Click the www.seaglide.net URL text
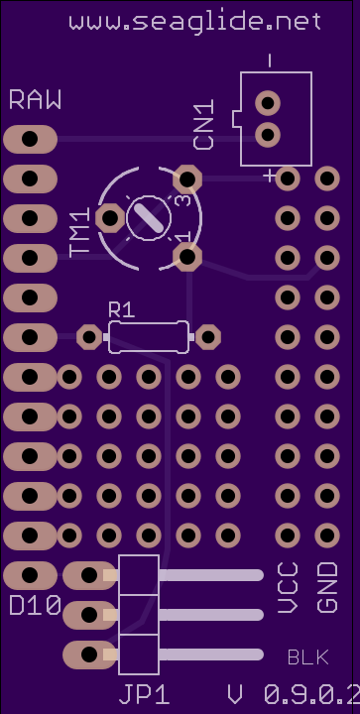point(195,22)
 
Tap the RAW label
point(35,100)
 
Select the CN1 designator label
point(204,127)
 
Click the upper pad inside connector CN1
point(268,103)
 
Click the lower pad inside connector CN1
point(268,135)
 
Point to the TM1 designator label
point(79,232)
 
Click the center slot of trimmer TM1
point(149,218)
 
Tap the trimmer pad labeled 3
point(187,178)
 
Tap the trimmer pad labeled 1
point(187,257)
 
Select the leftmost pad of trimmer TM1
point(110,218)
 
